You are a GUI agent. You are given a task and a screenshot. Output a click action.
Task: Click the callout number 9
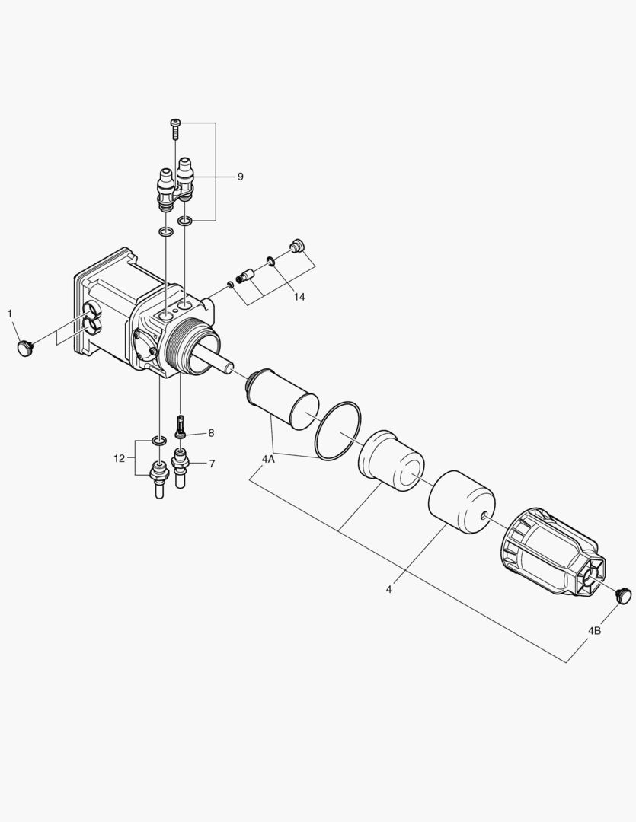tap(241, 177)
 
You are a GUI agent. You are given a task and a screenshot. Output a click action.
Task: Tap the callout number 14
tap(299, 297)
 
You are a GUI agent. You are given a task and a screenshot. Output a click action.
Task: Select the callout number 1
tap(9, 313)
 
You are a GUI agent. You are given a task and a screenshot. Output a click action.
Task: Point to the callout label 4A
tap(268, 460)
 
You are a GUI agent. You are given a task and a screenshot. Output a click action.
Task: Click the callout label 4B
tap(595, 631)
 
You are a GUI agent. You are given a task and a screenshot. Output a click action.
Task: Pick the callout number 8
tap(211, 433)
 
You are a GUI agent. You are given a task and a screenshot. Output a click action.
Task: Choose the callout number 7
tap(212, 464)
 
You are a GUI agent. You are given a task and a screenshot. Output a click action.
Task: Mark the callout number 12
tap(119, 459)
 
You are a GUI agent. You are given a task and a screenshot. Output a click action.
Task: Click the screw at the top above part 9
tap(174, 129)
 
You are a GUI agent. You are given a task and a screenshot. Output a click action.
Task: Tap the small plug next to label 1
tap(24, 348)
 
